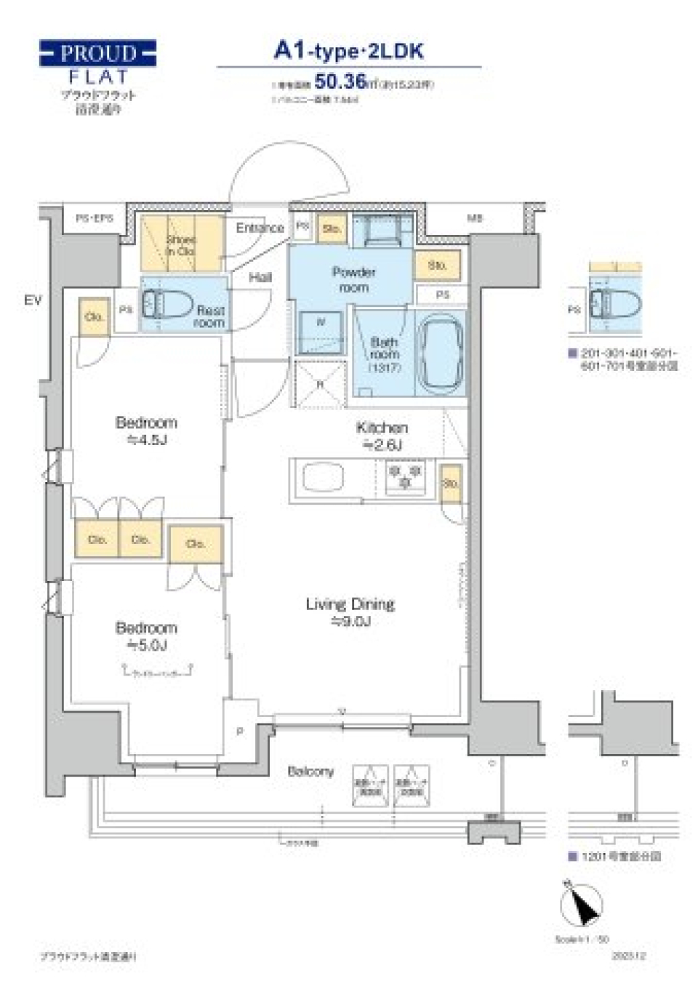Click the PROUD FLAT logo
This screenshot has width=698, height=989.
pos(97,63)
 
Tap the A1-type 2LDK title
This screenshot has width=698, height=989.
pos(348,51)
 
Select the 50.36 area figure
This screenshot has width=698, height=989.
pos(340,81)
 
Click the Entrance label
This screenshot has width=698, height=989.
pos(259,228)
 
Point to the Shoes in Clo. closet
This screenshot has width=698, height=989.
pos(181,244)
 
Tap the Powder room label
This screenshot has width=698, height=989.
pos(353,279)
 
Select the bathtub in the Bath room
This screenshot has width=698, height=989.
pos(440,353)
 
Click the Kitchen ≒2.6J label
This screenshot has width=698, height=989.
pos(382,436)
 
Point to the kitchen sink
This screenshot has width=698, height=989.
pos(323,479)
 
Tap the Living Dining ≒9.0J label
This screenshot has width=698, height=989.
pos(350,612)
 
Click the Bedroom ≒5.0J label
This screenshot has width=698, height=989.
pos(146,636)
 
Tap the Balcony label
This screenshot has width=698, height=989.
pos(310,771)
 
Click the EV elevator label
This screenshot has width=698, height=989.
pos(33,300)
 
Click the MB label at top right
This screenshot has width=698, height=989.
pos(475,217)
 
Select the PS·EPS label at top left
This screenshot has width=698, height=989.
pos(95,217)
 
